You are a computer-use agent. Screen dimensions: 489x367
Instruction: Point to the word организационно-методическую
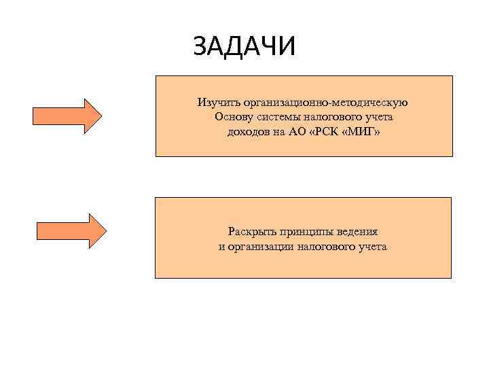(x=324, y=103)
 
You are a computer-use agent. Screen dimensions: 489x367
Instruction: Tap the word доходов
(x=249, y=131)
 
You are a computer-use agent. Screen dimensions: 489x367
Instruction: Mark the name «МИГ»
(x=363, y=131)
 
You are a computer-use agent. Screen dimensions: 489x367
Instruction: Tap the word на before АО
(x=279, y=131)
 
